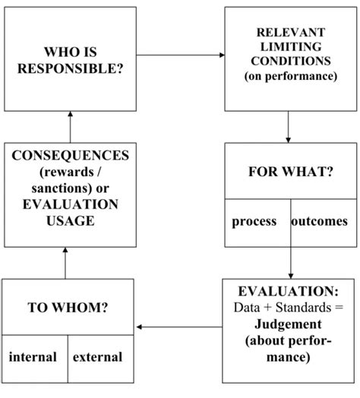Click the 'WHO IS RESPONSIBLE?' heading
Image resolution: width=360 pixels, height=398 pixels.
pyautogui.click(x=71, y=61)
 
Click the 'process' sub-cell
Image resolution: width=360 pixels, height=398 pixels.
pyautogui.click(x=254, y=222)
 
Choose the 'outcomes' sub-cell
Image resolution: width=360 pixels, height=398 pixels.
pyautogui.click(x=319, y=222)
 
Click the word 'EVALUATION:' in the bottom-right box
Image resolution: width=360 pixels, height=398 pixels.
pyautogui.click(x=289, y=292)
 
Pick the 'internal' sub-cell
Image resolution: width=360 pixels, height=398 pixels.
pyautogui.click(x=33, y=356)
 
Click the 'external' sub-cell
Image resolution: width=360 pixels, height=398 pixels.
pyautogui.click(x=97, y=356)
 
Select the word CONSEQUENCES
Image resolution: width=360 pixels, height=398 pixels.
pyautogui.click(x=70, y=156)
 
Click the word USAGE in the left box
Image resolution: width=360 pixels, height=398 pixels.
pyautogui.click(x=70, y=221)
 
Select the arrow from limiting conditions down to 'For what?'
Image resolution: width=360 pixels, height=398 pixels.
pyautogui.click(x=288, y=127)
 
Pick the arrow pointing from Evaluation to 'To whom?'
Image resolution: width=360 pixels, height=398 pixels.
pyautogui.click(x=180, y=327)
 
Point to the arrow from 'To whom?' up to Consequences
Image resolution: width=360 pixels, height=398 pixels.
pyautogui.click(x=65, y=263)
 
